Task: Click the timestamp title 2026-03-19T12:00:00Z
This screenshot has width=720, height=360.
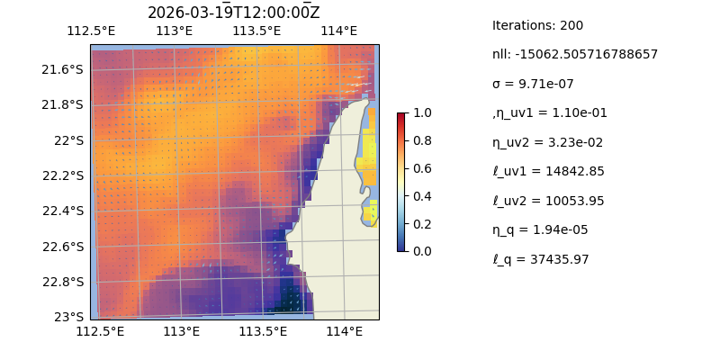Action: point(233,13)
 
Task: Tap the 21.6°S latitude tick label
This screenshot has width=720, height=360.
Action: point(62,69)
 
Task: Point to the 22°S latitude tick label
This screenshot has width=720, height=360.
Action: point(69,140)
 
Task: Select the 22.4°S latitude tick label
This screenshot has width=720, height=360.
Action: point(62,211)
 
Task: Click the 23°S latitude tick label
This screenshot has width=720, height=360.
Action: point(69,317)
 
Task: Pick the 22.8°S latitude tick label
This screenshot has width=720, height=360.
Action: point(62,282)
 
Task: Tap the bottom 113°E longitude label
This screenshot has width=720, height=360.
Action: point(181,332)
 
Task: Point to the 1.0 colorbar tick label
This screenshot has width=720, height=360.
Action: point(419,113)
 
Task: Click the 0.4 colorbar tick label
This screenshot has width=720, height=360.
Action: point(419,196)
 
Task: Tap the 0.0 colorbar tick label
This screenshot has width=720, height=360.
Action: point(419,251)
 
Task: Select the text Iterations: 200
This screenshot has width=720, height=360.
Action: point(537,25)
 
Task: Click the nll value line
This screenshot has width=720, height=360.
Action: point(574,54)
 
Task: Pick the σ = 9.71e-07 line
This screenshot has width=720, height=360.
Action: point(533,84)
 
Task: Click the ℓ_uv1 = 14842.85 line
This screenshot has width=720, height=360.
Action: point(548,171)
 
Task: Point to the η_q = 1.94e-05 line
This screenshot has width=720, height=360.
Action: point(540,229)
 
